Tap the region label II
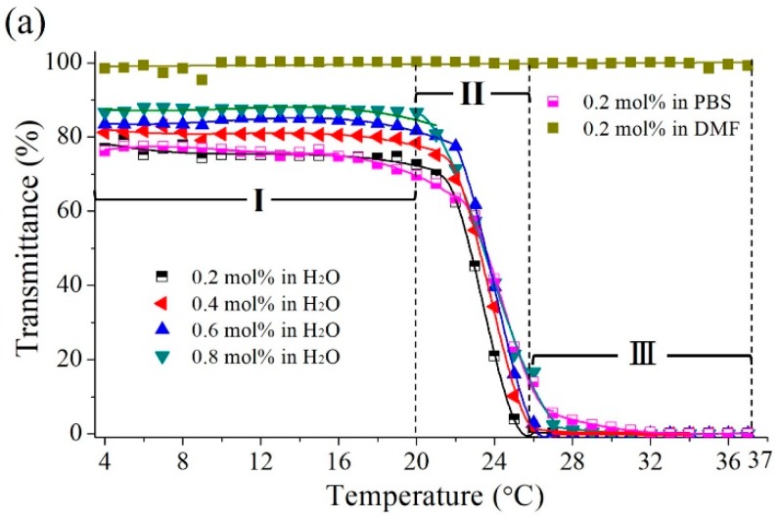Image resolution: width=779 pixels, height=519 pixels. coord(473,96)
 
